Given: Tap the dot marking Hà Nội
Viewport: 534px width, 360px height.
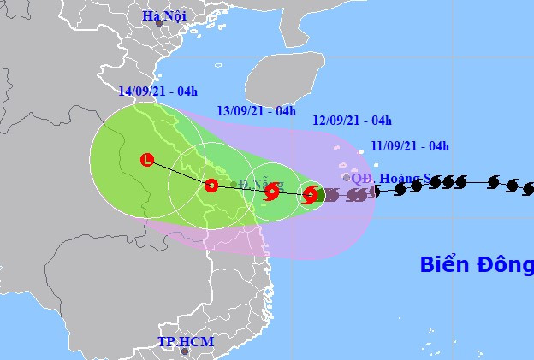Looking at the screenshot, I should (x=159, y=24).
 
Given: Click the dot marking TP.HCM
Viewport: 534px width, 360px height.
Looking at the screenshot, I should (x=183, y=351).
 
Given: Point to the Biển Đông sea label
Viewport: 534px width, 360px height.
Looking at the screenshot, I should (x=476, y=264).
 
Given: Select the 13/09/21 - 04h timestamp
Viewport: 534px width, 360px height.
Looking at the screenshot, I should (x=257, y=110).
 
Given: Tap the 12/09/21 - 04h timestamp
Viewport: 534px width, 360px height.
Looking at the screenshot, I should (x=353, y=120).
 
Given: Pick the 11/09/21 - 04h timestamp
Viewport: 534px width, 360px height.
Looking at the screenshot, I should (x=411, y=145).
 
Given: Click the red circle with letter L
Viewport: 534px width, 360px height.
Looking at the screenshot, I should (x=147, y=159).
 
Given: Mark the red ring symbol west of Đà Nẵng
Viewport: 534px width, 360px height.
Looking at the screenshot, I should (x=211, y=184).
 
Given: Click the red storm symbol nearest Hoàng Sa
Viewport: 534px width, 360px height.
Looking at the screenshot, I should (x=311, y=195).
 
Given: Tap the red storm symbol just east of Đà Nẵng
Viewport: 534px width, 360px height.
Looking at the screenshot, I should (x=271, y=192).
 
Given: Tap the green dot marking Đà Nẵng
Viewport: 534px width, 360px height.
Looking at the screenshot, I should (x=234, y=183).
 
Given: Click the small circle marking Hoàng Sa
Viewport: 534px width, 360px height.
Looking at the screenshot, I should (x=346, y=178).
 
